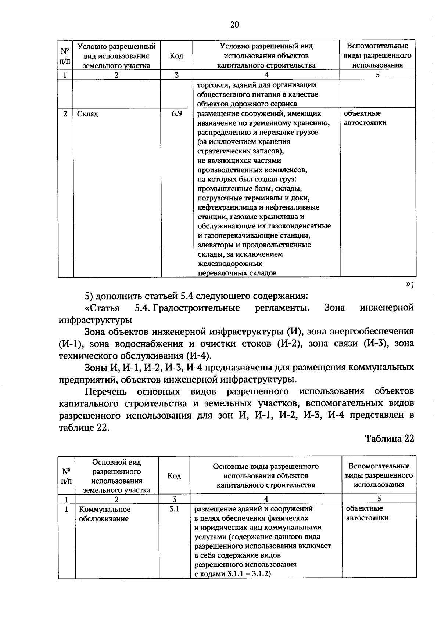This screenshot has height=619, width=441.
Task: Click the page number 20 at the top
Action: pyautogui.click(x=234, y=25)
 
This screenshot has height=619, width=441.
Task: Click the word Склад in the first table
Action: pyautogui.click(x=88, y=114)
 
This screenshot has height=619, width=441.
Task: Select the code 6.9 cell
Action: pyautogui.click(x=177, y=113)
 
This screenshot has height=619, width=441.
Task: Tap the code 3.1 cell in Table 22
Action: pyautogui.click(x=174, y=509)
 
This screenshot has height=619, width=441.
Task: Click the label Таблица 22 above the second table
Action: pyautogui.click(x=390, y=439)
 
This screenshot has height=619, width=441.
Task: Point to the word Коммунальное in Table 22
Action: pyautogui.click(x=105, y=510)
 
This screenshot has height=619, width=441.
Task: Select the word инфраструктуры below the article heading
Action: pyautogui.click(x=95, y=320)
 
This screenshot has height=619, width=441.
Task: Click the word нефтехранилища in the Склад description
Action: pyautogui.click(x=224, y=207)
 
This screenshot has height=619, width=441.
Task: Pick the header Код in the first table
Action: pyautogui.click(x=176, y=56)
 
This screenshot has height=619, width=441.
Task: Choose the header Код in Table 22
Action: pyautogui.click(x=174, y=476)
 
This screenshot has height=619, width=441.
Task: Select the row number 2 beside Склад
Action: pyautogui.click(x=65, y=114)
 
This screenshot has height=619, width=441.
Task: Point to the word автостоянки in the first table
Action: pyautogui.click(x=365, y=123)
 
